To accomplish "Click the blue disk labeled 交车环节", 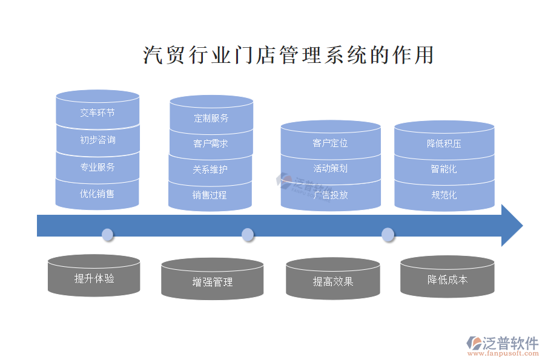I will click(x=97, y=113).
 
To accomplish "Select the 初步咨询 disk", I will click(x=97, y=140).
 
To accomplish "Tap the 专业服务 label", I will click(x=97, y=167).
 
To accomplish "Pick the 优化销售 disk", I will click(x=97, y=194).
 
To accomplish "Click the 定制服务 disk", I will click(x=211, y=118).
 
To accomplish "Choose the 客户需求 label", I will click(x=211, y=144).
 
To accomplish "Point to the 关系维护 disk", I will click(x=210, y=170).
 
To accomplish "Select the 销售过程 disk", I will click(x=210, y=195).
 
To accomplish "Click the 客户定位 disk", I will click(x=331, y=143).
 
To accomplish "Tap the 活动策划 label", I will click(x=331, y=169).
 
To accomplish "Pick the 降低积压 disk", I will click(x=444, y=143).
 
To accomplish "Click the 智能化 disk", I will click(x=444, y=169).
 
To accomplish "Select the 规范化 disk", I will click(x=444, y=195).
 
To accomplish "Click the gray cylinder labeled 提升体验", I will click(x=94, y=278).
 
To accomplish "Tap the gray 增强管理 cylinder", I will click(x=212, y=281).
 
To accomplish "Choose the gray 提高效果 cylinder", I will click(x=332, y=281).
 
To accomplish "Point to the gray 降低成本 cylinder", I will click(x=447, y=279).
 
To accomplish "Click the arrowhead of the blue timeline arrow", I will click(x=512, y=225).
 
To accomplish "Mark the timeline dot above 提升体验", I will click(x=108, y=234).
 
